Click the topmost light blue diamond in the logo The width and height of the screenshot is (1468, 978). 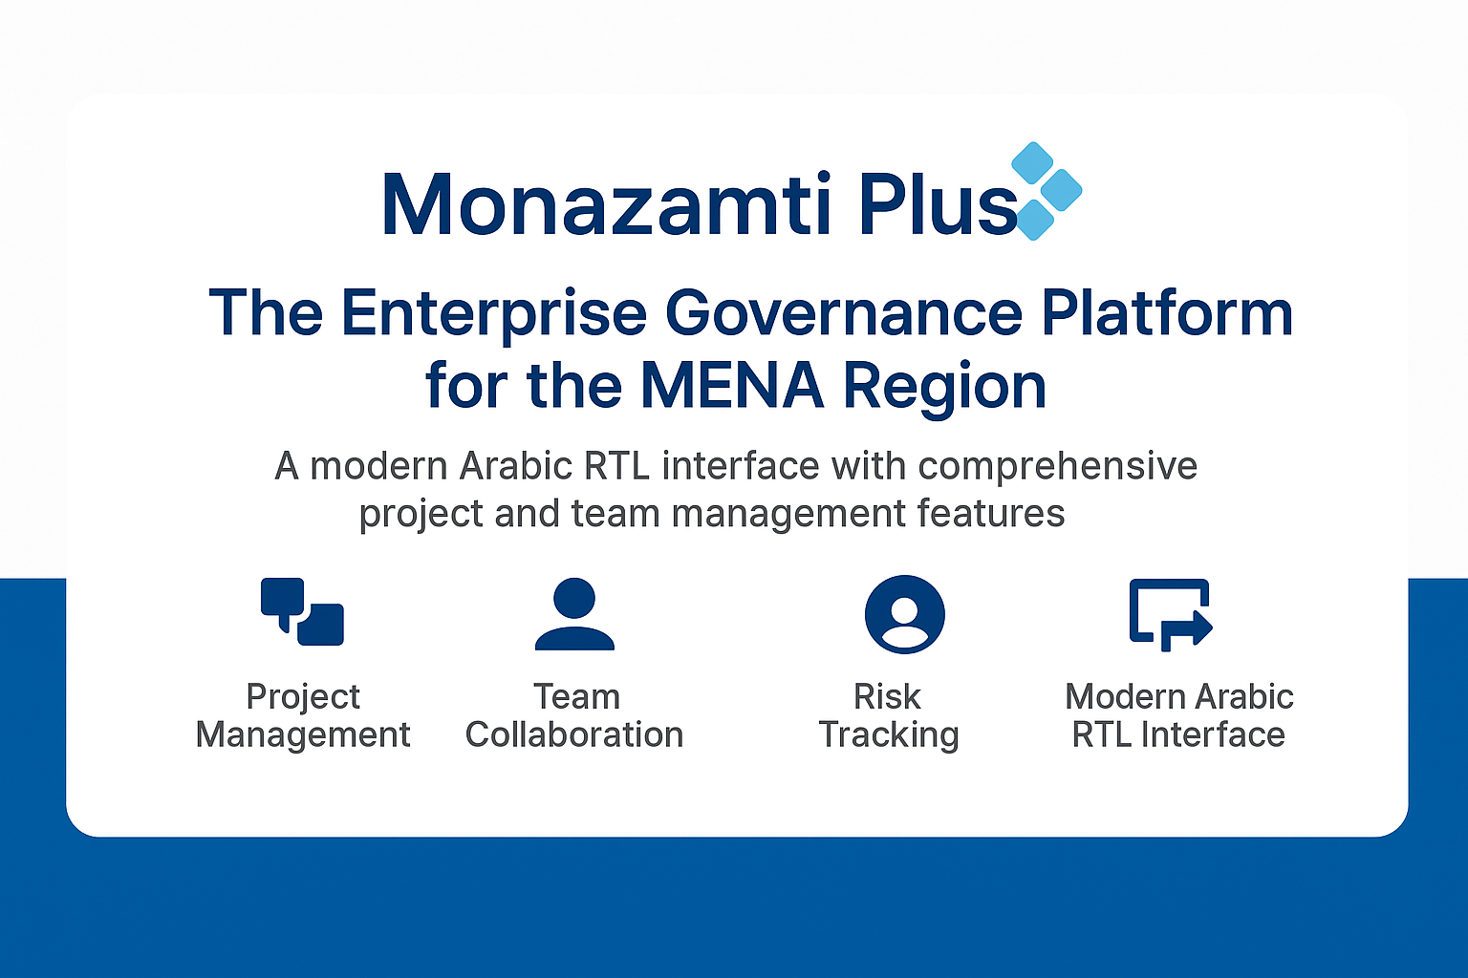click(1032, 162)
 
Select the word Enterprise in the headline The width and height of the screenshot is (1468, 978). click(493, 315)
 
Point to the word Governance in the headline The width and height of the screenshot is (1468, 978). click(844, 313)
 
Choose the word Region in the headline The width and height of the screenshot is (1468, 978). click(944, 390)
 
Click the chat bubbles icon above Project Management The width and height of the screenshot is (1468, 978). click(302, 612)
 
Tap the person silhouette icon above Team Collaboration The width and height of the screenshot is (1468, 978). click(574, 614)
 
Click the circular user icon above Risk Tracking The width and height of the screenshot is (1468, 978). click(904, 614)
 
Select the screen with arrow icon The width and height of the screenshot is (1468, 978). click(1171, 614)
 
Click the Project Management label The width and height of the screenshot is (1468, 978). click(303, 715)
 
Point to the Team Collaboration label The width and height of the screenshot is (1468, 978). click(574, 715)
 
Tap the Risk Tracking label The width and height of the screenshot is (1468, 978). click(888, 715)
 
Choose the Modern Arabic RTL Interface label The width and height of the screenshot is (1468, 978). click(1179, 715)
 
